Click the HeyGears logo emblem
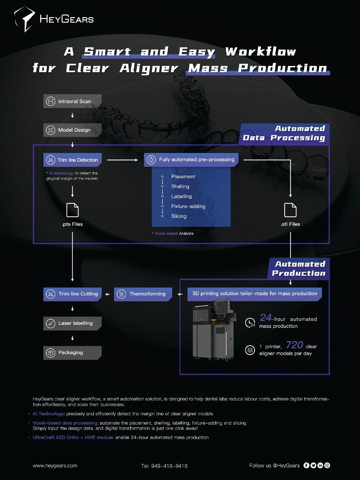[x=25, y=19]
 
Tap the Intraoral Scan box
[x=72, y=101]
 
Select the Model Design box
[x=72, y=130]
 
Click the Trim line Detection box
[x=72, y=160]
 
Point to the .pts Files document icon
[x=72, y=210]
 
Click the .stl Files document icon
[x=290, y=210]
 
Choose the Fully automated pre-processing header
[x=191, y=160]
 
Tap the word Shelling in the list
[x=180, y=187]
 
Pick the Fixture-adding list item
[x=188, y=206]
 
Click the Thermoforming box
[x=143, y=294]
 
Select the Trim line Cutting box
[x=72, y=294]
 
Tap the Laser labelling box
[x=72, y=323]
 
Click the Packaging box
[x=72, y=353]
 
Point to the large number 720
[x=294, y=345]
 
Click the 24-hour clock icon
[x=250, y=322]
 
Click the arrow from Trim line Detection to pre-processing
[x=122, y=160]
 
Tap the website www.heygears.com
[x=55, y=466]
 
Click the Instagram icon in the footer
[x=327, y=465]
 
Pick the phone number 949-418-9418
[x=164, y=466]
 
